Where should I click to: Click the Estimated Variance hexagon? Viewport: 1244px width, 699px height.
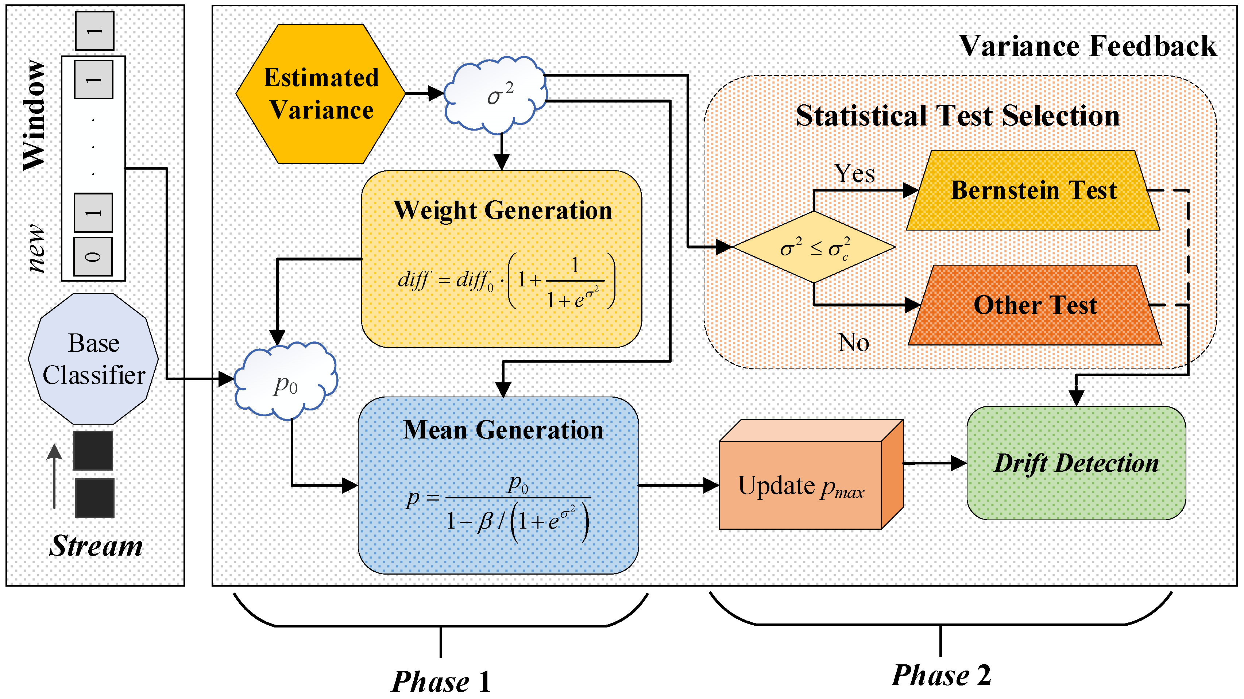pyautogui.click(x=321, y=94)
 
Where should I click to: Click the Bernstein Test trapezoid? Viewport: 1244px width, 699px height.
pyautogui.click(x=1034, y=190)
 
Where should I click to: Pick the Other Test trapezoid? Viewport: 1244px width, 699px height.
pyautogui.click(x=1035, y=305)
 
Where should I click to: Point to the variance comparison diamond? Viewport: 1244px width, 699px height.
pyautogui.click(x=814, y=247)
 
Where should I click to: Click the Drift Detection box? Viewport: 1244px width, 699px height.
pyautogui.click(x=1076, y=463)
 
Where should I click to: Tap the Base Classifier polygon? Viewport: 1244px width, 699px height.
pyautogui.click(x=94, y=359)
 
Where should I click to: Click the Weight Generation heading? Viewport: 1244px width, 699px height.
pyautogui.click(x=502, y=211)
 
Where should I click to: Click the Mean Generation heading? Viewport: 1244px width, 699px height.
pyautogui.click(x=503, y=430)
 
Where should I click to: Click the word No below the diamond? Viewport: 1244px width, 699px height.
pyautogui.click(x=853, y=342)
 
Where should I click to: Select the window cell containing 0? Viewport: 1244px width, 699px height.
pyautogui.click(x=93, y=256)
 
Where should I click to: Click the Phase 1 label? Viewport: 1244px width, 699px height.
pyautogui.click(x=440, y=681)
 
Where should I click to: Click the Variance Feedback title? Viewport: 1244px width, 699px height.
pyautogui.click(x=1087, y=46)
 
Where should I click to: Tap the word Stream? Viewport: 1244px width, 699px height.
pyautogui.click(x=96, y=546)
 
